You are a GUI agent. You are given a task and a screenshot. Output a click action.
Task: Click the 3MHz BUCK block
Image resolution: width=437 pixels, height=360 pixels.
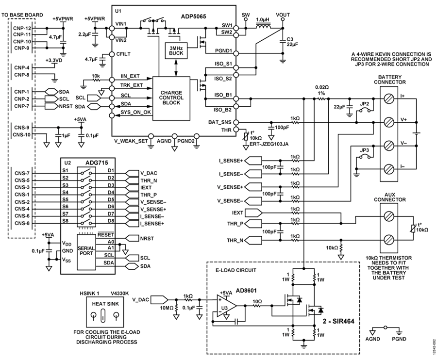[176, 50]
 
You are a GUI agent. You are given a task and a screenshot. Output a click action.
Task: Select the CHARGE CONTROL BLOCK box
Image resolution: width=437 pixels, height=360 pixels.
[171, 98]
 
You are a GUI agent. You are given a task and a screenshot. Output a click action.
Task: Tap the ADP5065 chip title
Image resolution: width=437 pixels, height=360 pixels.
[193, 16]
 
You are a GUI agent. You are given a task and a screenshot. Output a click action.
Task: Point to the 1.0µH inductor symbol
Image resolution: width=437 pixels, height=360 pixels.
[263, 27]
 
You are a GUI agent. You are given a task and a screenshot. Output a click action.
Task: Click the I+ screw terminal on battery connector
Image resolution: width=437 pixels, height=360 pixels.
[388, 98]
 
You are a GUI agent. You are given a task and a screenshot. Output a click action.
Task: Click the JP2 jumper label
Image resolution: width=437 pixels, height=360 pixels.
[365, 104]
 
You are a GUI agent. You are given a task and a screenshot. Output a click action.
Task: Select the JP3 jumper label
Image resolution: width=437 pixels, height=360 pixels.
[365, 150]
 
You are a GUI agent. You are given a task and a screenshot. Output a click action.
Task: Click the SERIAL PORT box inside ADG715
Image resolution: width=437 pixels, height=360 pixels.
[86, 251]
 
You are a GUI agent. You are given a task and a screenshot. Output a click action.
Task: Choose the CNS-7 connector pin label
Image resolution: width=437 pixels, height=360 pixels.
[22, 173]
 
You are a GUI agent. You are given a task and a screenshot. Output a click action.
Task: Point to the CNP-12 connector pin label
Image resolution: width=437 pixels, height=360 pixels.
[22, 28]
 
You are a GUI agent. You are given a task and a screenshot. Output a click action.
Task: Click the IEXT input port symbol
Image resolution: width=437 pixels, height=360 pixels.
[253, 213]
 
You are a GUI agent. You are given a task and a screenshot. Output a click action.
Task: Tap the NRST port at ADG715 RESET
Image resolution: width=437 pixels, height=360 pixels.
[132, 238]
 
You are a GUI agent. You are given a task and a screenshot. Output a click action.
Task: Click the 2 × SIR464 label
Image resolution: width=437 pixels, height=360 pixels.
[338, 321]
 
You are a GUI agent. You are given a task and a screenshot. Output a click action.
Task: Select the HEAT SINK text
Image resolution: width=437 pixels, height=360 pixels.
[105, 304]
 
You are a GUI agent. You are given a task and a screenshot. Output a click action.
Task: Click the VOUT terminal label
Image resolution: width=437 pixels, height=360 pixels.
[283, 15]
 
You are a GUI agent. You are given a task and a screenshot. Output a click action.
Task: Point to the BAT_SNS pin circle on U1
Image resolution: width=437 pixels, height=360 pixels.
[236, 122]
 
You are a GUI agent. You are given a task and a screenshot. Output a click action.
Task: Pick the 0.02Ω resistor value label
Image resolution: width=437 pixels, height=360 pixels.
[322, 87]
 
